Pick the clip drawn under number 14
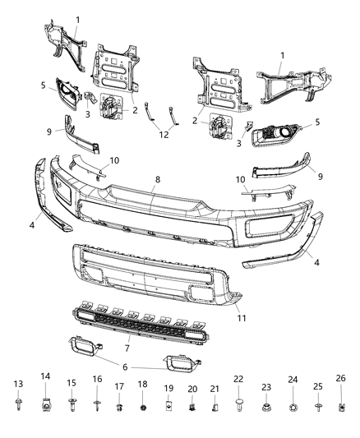pyautogui.click(x=46, y=403)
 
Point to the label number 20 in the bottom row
pyautogui.click(x=192, y=388)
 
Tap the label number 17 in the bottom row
pyautogui.click(x=119, y=386)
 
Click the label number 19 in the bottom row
pyautogui.click(x=168, y=388)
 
